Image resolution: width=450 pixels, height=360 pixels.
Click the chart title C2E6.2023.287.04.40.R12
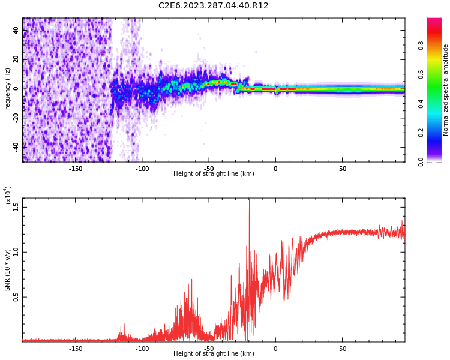point(213,6)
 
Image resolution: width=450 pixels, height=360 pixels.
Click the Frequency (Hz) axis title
point(8,90)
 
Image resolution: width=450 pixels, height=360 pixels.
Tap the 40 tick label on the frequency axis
point(16,31)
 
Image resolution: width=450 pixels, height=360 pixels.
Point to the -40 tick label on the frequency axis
point(15,146)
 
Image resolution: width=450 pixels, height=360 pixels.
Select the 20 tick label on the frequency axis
point(16,60)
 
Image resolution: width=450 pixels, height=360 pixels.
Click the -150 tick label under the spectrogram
point(76,169)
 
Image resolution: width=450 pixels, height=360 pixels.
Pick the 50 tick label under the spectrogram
point(342,169)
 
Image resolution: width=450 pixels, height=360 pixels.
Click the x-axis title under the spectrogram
point(214,174)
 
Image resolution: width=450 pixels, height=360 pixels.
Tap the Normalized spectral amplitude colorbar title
point(446,90)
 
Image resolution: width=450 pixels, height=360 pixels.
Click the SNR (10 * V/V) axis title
point(8,270)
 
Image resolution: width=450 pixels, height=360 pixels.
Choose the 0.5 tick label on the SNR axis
point(16,297)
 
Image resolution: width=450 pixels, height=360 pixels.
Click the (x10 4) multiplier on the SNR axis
point(8,196)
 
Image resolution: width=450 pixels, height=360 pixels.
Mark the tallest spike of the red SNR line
point(249,200)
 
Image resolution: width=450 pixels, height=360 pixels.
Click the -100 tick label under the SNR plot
point(142,349)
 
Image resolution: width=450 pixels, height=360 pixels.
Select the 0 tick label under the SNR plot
point(275,349)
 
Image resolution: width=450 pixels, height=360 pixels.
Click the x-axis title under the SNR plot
point(214,354)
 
